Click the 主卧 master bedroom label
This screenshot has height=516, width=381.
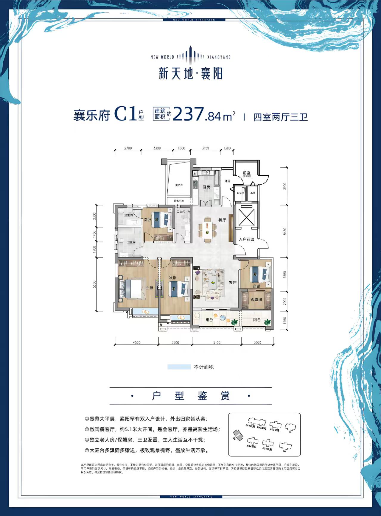pos(150,288)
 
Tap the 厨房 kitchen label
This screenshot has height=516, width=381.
pos(206,187)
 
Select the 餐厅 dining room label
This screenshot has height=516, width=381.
pos(222,220)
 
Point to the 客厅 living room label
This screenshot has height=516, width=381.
pos(233,283)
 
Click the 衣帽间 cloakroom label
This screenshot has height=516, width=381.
pos(256,299)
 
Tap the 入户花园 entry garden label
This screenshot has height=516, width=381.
pos(246,239)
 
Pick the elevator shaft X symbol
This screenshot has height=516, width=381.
pos(247,217)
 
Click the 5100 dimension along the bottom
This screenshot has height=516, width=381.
pos(217,342)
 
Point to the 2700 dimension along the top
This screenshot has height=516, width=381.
pos(128,148)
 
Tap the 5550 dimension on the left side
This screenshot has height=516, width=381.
pos(94,284)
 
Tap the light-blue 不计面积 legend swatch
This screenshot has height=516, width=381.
pos(179,367)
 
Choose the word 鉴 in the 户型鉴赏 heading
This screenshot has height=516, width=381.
pos(202,396)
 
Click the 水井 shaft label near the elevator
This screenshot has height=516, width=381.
pos(253,193)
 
